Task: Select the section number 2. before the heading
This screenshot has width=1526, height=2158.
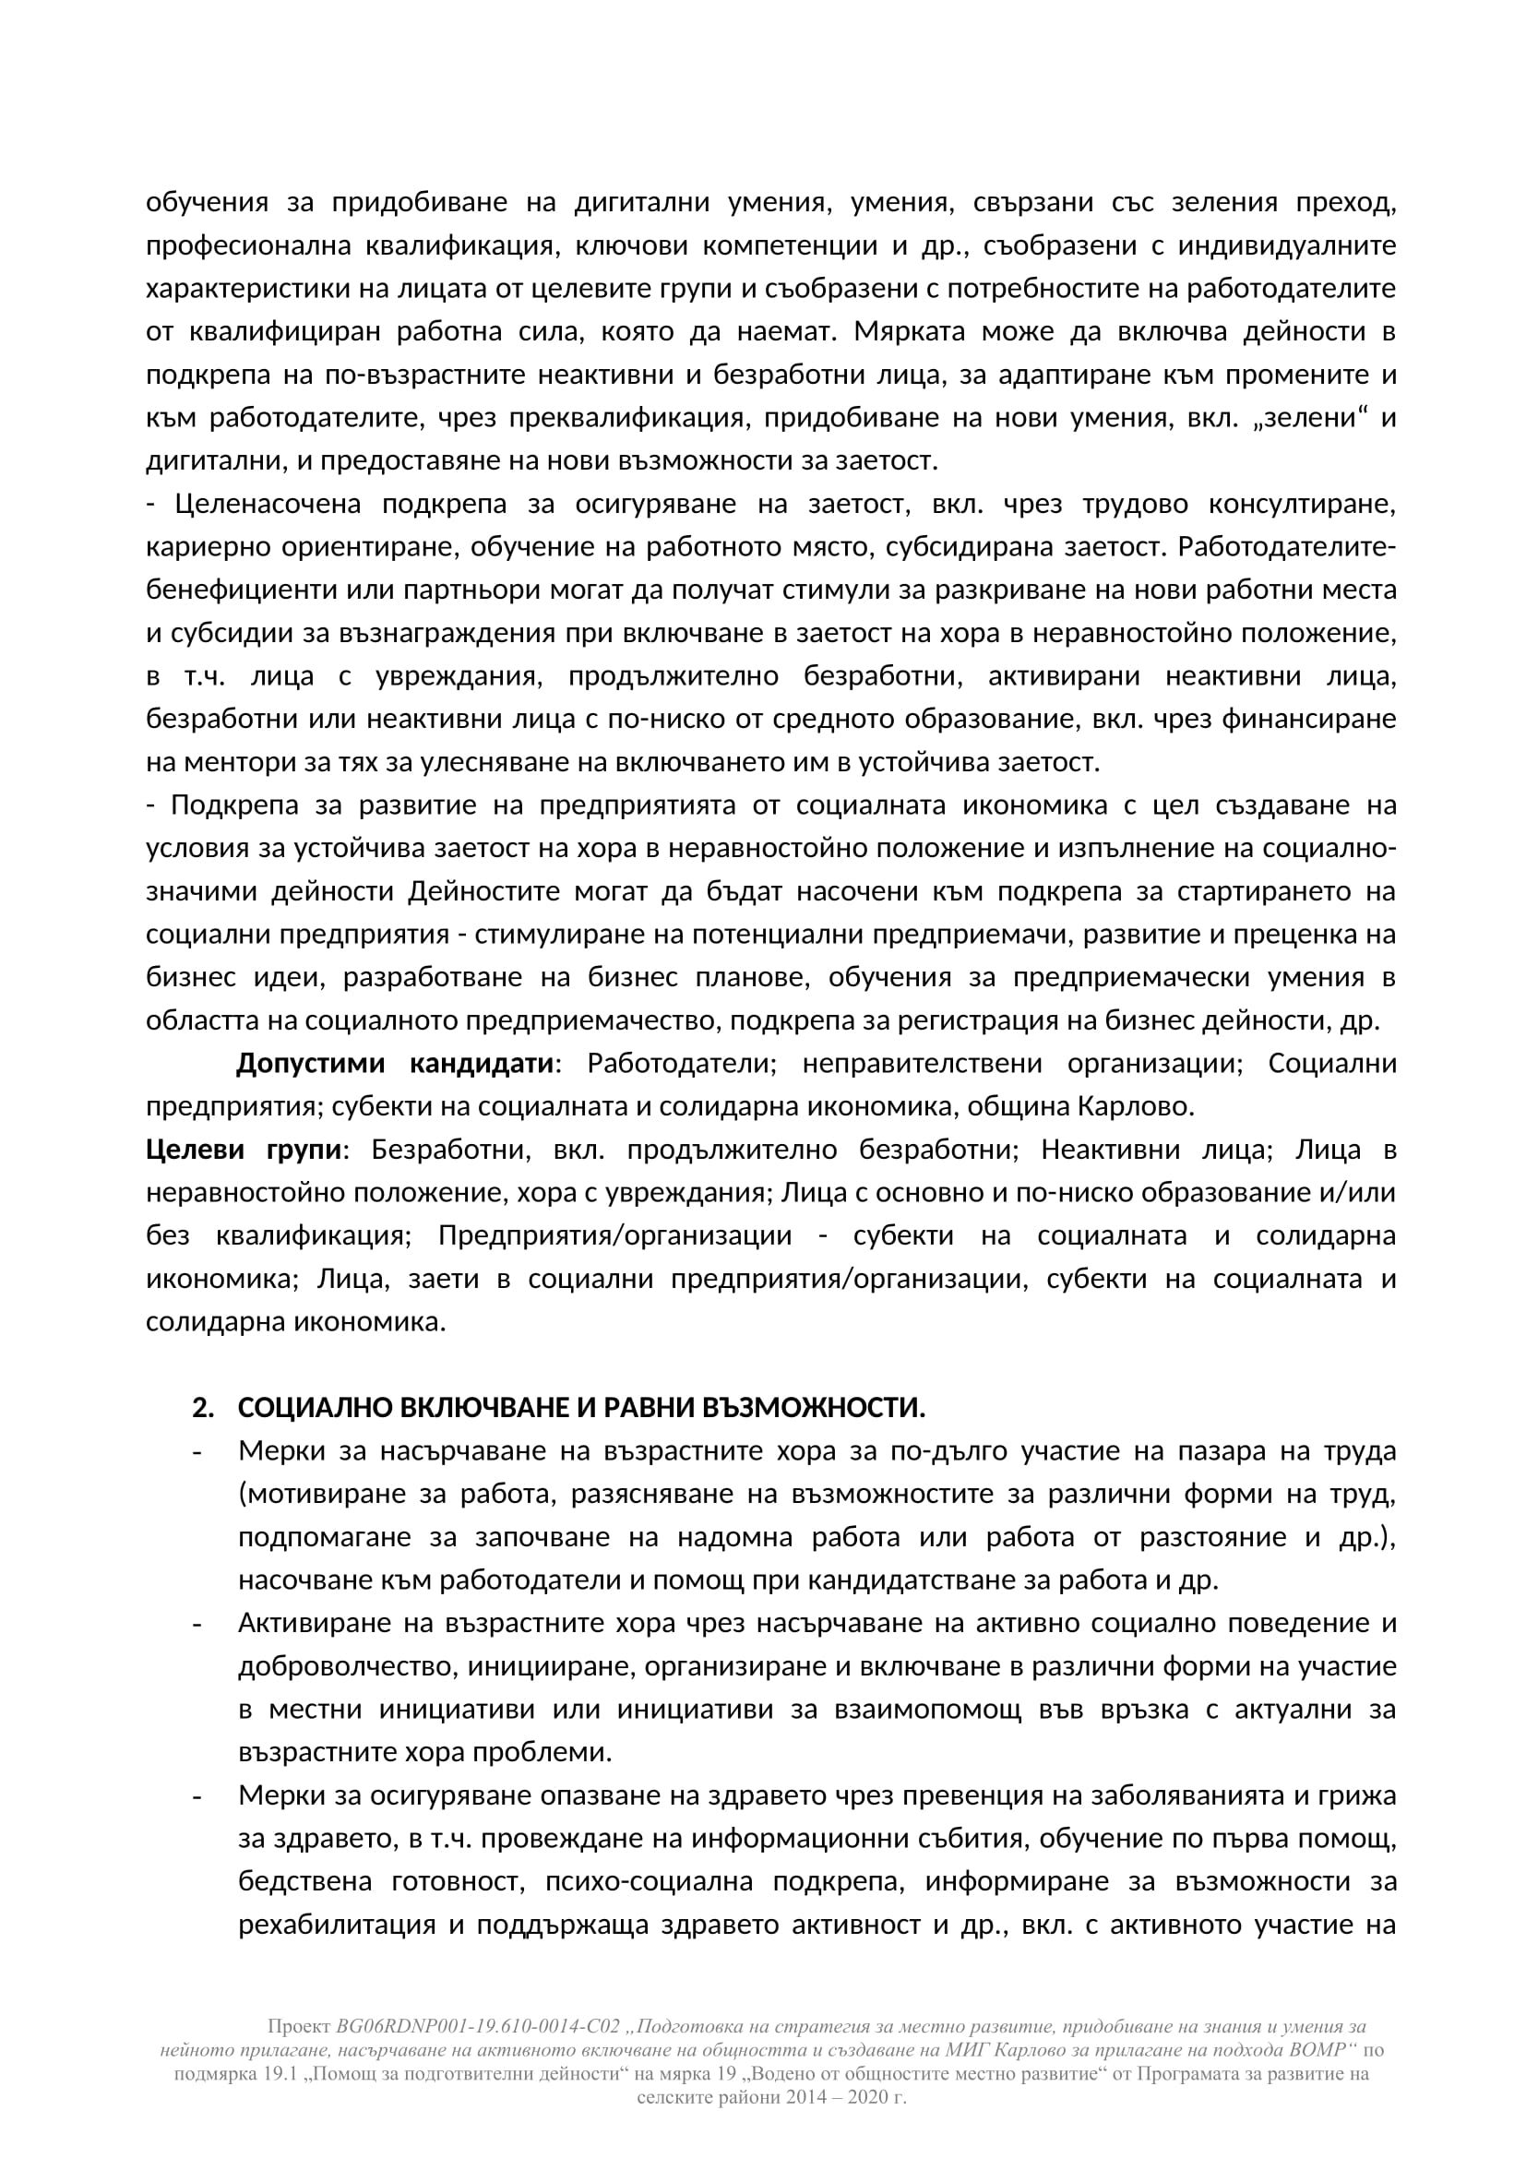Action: tap(203, 1408)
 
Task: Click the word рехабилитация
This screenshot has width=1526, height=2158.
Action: tap(336, 1925)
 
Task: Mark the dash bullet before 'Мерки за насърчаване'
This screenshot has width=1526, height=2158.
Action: tap(197, 1452)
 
